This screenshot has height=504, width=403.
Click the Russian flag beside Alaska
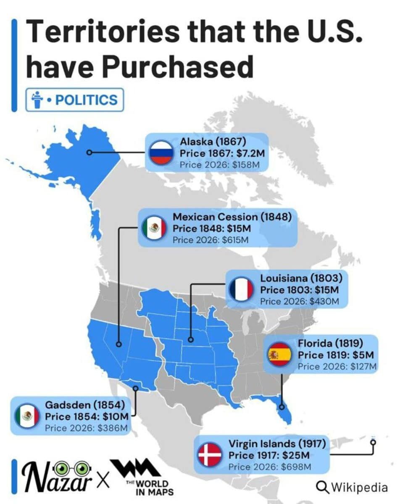click(161, 152)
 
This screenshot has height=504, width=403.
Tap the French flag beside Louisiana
click(241, 289)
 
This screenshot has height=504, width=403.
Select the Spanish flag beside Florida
click(279, 354)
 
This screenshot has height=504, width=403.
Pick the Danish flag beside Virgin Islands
click(210, 454)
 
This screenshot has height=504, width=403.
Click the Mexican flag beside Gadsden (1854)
click(27, 416)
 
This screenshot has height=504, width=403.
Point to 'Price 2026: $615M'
click(211, 240)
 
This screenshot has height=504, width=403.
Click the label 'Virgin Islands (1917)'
click(277, 444)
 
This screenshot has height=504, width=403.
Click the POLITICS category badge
click(75, 100)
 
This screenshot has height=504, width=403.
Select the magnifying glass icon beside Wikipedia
click(322, 487)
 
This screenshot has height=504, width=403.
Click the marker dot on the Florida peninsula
click(282, 407)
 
